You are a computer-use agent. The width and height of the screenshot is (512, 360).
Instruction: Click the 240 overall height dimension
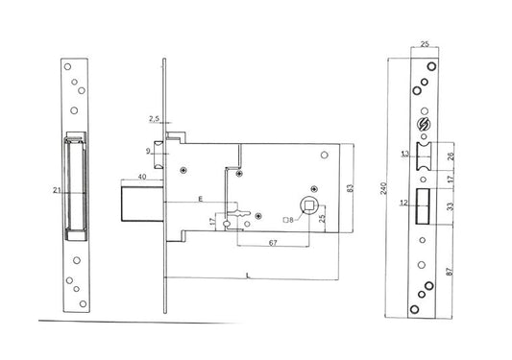[384, 188]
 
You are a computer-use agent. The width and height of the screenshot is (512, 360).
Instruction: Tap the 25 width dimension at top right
[425, 44]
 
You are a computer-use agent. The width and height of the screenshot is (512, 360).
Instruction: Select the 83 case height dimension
[350, 188]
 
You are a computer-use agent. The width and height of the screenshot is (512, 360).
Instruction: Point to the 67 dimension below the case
[273, 243]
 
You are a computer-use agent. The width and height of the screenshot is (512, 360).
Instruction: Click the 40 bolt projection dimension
[142, 177]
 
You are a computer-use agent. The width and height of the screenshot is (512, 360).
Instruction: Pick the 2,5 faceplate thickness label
[154, 119]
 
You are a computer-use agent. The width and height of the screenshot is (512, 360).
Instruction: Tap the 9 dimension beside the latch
[148, 151]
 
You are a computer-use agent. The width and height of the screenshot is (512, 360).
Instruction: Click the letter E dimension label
[201, 199]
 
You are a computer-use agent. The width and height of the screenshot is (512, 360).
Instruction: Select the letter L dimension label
[248, 276]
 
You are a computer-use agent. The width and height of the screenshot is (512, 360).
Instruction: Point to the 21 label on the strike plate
[57, 190]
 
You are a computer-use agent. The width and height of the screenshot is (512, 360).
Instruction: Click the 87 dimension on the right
[450, 272]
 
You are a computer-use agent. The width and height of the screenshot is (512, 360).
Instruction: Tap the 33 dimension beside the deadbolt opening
[451, 206]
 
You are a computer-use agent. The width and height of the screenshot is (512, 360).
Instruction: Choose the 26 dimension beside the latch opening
[451, 156]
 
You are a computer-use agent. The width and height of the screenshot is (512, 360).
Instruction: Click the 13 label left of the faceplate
[405, 154]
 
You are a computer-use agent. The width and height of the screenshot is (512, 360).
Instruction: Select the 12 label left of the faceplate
[403, 203]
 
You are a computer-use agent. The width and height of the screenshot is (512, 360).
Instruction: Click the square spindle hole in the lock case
[308, 205]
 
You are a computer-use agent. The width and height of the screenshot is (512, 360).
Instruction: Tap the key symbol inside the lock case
[238, 214]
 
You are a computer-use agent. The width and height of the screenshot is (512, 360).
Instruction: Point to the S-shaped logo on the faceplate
[425, 124]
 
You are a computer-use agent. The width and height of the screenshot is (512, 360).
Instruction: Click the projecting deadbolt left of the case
[142, 204]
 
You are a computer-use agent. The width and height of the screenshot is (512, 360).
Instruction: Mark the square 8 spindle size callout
[288, 220]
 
